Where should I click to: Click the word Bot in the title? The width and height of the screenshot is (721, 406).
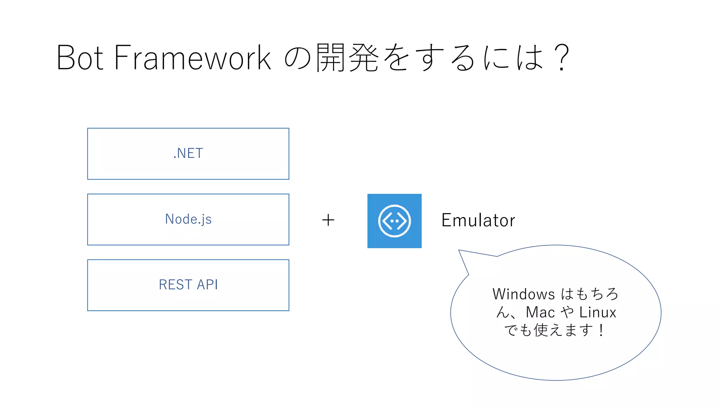pos(80,57)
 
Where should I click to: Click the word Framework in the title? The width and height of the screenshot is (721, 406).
pos(193,57)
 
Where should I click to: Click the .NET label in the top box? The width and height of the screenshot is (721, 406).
pos(188,153)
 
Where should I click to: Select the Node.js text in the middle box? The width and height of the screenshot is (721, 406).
pos(188,219)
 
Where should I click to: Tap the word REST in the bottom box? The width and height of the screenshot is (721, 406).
pos(175,285)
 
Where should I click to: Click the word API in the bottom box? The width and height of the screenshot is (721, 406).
pos(207,285)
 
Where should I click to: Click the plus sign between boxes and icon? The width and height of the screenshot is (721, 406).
pos(328,220)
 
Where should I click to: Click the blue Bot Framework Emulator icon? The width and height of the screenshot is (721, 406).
pos(394,221)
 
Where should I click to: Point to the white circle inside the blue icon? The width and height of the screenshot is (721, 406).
pos(394,221)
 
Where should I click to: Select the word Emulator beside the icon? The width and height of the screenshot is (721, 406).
pos(478,221)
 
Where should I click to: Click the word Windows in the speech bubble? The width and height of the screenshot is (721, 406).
pos(523,294)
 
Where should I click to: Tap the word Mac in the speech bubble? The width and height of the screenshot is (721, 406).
pos(540,313)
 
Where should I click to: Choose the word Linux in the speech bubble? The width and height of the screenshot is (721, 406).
pos(597,313)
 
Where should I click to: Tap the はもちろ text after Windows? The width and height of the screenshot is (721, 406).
pos(589,294)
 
